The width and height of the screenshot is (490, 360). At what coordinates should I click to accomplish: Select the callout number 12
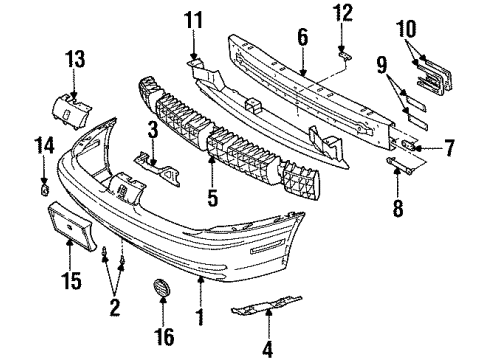(343, 13)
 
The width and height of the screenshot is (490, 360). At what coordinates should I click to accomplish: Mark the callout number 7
(449, 150)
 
